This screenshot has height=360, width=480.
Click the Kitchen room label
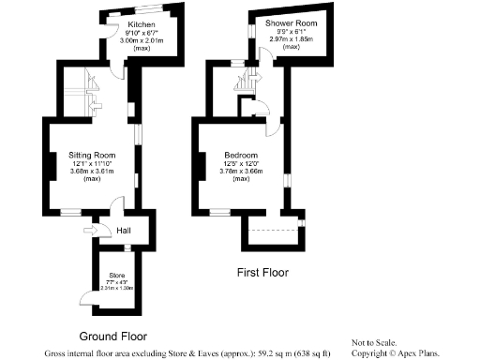tap(129, 23)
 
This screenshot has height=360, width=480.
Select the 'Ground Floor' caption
tap(112, 335)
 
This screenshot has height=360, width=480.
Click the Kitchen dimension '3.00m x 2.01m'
tap(129, 39)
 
